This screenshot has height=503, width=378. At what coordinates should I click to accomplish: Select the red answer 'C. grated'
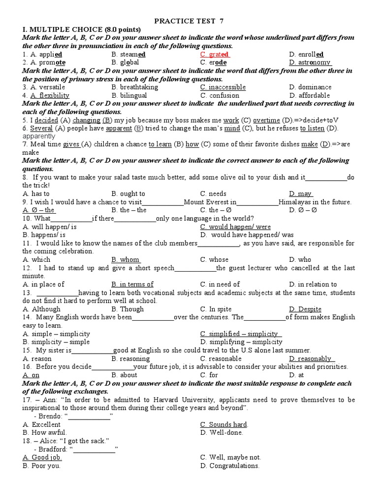[215, 55]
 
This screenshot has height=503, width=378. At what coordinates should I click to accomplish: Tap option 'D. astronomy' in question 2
[310, 62]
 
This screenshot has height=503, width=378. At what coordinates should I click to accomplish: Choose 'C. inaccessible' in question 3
[223, 87]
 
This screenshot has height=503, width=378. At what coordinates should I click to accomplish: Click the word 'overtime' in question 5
[268, 120]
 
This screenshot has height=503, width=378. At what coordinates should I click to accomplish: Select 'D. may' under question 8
[301, 194]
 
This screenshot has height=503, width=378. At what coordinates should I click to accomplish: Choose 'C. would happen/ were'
[235, 226]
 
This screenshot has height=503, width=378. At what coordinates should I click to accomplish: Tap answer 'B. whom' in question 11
[126, 259]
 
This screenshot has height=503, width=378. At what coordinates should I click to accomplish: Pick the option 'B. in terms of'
[132, 284]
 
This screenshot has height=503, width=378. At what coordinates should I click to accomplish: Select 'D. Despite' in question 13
[305, 309]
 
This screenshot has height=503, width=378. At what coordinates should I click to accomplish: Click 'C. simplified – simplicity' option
[241, 334]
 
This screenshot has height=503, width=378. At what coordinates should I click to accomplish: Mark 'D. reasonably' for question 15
[310, 359]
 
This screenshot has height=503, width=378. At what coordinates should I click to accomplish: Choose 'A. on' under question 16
[31, 375]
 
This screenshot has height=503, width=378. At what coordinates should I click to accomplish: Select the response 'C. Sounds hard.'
[224, 424]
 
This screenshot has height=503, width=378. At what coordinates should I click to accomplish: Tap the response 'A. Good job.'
[42, 457]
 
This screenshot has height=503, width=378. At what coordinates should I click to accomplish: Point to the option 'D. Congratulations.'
[230, 466]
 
